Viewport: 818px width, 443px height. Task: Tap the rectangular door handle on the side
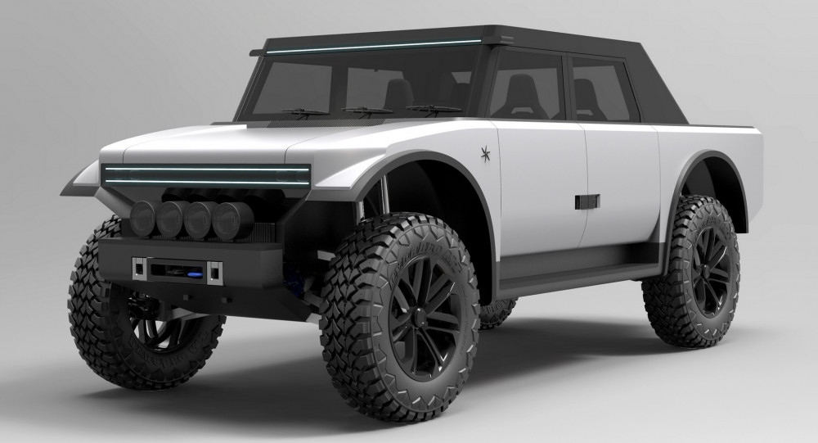click(587, 201)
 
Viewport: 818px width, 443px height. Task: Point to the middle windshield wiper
click(366, 110)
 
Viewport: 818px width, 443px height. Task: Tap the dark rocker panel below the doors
click(573, 266)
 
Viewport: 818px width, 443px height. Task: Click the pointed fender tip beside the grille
click(70, 185)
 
